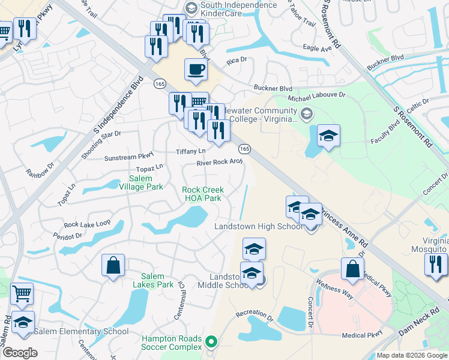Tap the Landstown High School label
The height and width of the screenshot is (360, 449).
click(x=259, y=226)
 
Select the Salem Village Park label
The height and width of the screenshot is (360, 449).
click(x=146, y=182)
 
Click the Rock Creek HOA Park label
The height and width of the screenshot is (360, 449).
click(x=202, y=194)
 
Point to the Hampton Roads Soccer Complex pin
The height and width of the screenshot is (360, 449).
click(x=211, y=343)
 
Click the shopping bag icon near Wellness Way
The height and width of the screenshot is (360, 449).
click(x=352, y=269)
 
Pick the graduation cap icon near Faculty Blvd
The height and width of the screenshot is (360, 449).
click(x=328, y=136)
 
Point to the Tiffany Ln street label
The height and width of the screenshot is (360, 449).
click(x=190, y=151)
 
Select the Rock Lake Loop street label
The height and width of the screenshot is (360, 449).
click(x=87, y=224)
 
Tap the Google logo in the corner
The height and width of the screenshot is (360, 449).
click(x=20, y=353)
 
